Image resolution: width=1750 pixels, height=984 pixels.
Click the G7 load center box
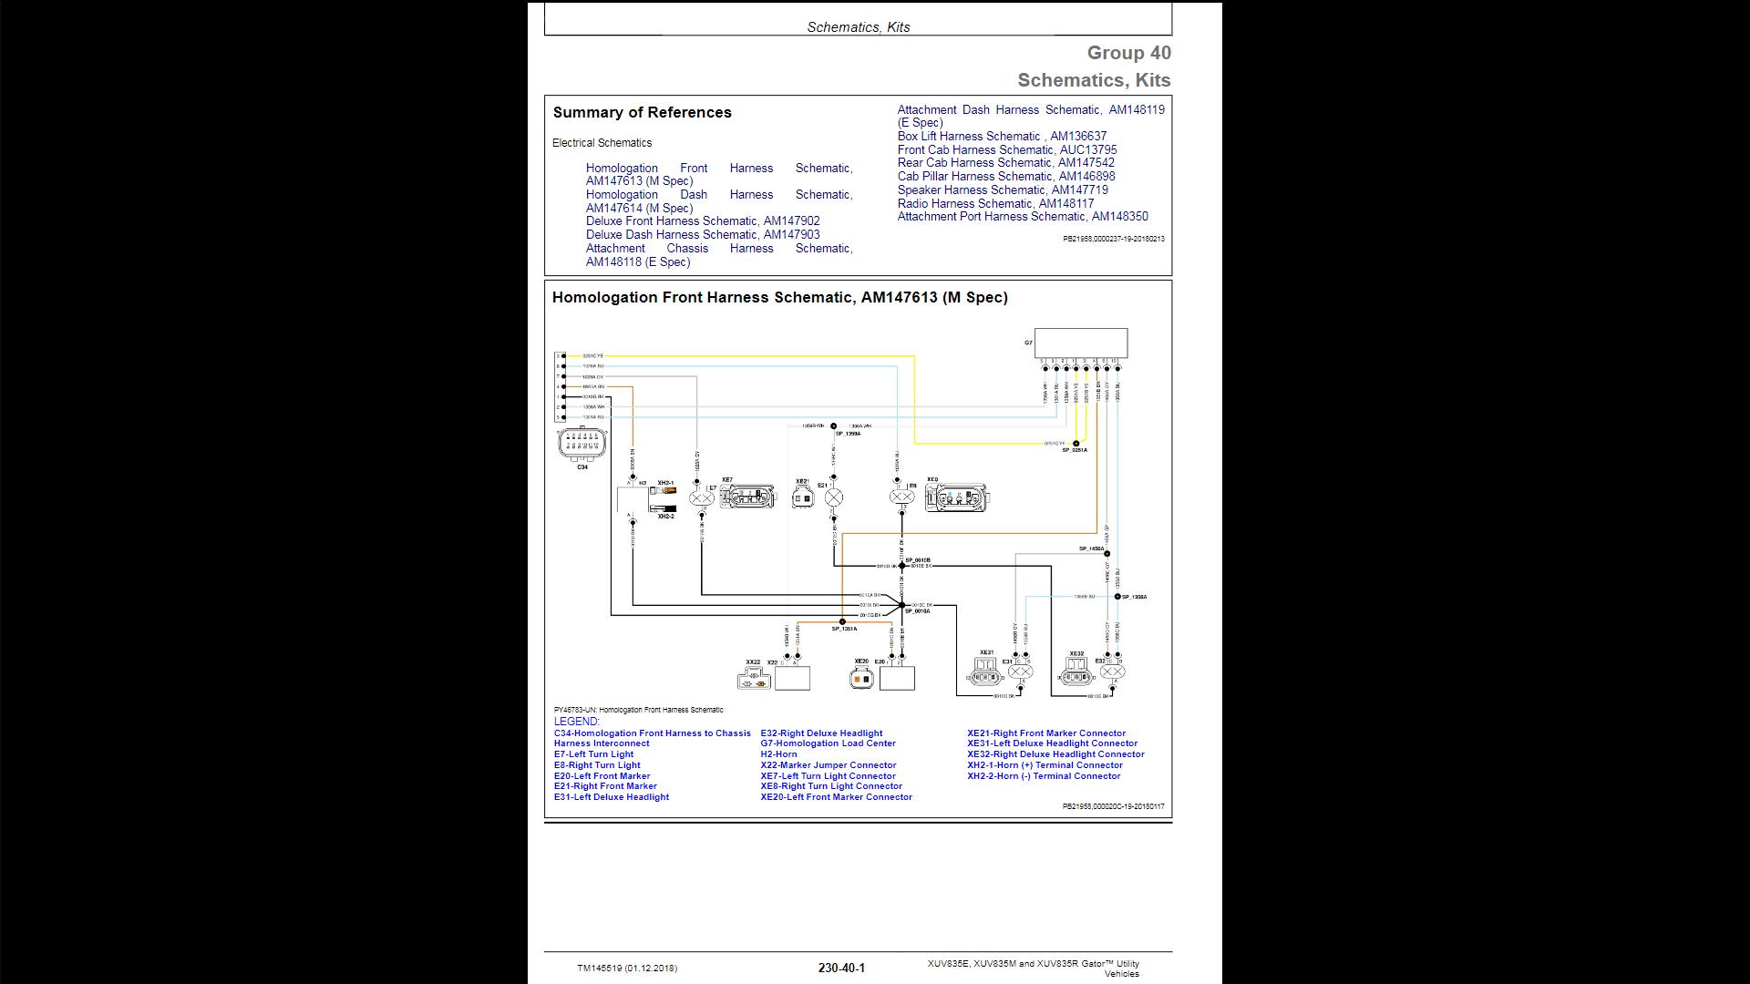click(1080, 343)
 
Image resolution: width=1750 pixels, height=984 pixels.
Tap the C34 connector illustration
click(582, 443)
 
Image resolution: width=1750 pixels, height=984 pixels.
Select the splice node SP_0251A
click(1076, 444)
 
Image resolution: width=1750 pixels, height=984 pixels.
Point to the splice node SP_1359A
click(833, 426)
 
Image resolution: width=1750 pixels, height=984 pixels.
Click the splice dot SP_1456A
click(1107, 553)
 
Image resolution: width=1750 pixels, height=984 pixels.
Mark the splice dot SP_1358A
click(1117, 597)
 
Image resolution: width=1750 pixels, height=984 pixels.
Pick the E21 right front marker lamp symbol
click(833, 497)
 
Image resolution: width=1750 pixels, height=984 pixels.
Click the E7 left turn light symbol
click(701, 498)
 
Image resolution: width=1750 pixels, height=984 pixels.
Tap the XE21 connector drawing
click(802, 497)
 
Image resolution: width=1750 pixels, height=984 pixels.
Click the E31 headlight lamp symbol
click(1020, 672)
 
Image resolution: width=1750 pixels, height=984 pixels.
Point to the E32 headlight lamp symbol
click(1112, 672)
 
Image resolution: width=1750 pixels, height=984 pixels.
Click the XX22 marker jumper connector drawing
click(753, 679)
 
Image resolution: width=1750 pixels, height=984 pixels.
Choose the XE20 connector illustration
click(861, 678)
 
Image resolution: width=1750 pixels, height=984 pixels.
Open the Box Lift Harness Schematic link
click(1002, 137)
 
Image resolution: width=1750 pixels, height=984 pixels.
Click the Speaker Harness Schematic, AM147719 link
click(1003, 190)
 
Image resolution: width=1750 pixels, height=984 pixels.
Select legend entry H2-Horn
click(778, 754)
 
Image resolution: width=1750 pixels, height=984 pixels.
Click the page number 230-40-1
click(841, 968)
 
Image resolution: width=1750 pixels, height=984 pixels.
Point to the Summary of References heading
click(642, 113)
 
